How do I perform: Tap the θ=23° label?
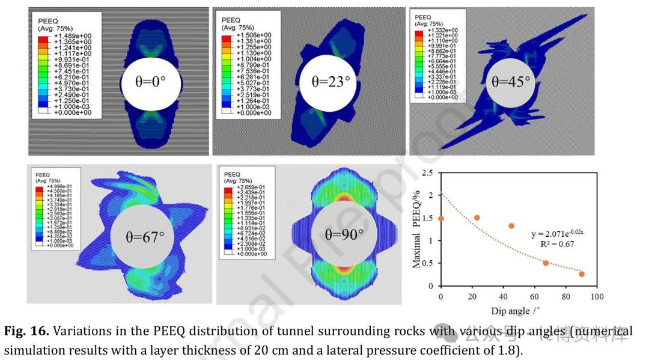(x=330, y=81)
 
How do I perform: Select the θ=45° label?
(x=511, y=81)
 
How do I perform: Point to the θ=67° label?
(x=145, y=237)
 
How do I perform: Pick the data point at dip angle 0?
(x=441, y=218)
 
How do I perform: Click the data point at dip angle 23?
(x=477, y=218)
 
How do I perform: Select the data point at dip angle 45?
(x=511, y=225)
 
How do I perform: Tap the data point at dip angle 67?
(x=546, y=263)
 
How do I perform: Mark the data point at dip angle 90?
(x=582, y=274)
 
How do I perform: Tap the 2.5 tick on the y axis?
(x=427, y=173)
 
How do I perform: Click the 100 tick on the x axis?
(x=597, y=297)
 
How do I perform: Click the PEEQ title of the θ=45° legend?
(x=424, y=17)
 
